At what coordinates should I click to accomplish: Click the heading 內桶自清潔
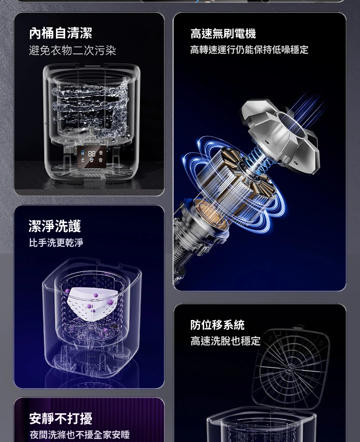[x=61, y=33]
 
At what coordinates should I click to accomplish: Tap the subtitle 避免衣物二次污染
[x=72, y=51]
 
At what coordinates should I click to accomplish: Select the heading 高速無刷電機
[x=223, y=34]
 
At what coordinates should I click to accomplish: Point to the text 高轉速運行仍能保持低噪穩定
[x=249, y=50]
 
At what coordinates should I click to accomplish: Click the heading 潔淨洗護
[x=55, y=226]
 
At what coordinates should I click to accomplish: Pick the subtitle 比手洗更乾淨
[x=56, y=243]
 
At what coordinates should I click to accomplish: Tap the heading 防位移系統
[x=217, y=325]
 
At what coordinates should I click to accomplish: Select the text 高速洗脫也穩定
[x=225, y=341]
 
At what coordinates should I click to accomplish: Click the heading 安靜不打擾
[x=61, y=418]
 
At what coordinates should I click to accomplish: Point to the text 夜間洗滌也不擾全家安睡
[x=80, y=434]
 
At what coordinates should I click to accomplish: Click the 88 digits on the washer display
[x=92, y=153]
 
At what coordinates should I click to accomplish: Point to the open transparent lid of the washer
[x=291, y=368]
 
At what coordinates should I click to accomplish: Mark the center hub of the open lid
[x=291, y=367]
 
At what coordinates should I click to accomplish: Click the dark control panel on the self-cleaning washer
[x=92, y=157]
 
